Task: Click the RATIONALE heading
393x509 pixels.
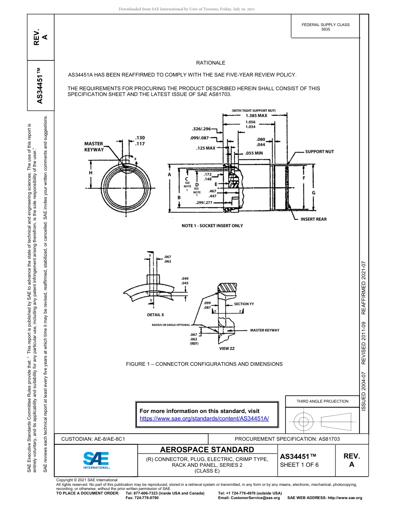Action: click(211, 63)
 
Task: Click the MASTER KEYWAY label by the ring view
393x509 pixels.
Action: click(94, 146)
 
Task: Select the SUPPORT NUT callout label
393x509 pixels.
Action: click(319, 152)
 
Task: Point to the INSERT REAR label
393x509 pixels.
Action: click(313, 219)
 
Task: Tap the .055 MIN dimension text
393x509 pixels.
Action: click(254, 153)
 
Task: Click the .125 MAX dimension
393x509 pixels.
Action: click(206, 148)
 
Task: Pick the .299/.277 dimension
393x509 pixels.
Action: click(204, 203)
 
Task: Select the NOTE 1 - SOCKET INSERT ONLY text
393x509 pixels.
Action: click(212, 226)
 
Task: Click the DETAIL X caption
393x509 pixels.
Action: click(156, 315)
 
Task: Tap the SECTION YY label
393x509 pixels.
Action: click(244, 304)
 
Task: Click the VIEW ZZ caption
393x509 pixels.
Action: click(227, 349)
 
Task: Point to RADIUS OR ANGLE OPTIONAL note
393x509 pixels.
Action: click(170, 325)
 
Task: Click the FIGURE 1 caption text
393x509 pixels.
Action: click(204, 364)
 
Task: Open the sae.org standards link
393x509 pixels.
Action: click(204, 418)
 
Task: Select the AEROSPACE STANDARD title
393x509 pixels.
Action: click(207, 450)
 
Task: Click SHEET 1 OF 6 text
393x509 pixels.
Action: click(299, 465)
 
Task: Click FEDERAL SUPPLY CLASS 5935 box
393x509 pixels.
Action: click(325, 27)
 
